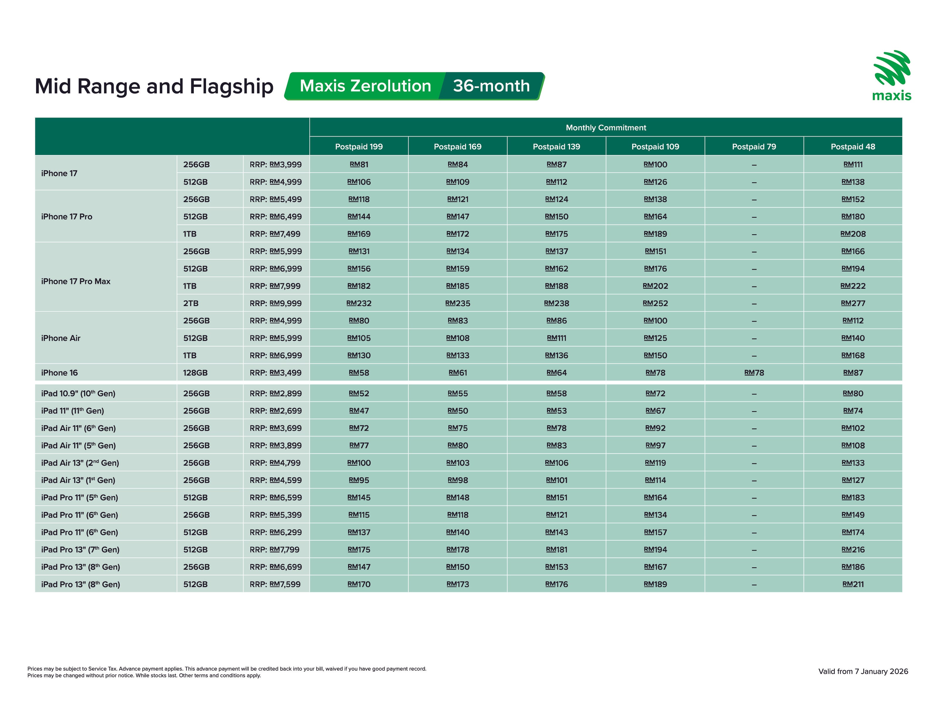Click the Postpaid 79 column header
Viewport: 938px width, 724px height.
pyautogui.click(x=754, y=146)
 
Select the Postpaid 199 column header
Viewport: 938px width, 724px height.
pyautogui.click(x=358, y=146)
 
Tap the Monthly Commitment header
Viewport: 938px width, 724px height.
pyautogui.click(x=606, y=127)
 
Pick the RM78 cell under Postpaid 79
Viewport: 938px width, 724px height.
pyautogui.click(x=754, y=373)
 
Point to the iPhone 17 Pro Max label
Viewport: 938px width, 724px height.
pyautogui.click(x=76, y=281)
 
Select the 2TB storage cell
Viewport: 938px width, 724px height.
pyautogui.click(x=191, y=303)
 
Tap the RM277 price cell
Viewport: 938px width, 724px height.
pyautogui.click(x=852, y=303)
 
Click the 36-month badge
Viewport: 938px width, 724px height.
pyautogui.click(x=491, y=86)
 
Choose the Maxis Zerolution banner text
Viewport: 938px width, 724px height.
pyautogui.click(x=365, y=86)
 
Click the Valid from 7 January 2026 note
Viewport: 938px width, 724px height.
pyautogui.click(x=863, y=671)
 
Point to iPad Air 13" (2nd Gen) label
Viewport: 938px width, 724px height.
pyautogui.click(x=80, y=463)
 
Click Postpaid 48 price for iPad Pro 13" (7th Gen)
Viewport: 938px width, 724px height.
pyautogui.click(x=852, y=549)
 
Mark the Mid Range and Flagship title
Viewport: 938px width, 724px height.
pyautogui.click(x=154, y=86)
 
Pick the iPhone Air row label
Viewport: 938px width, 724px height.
pyautogui.click(x=61, y=338)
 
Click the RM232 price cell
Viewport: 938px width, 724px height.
pyautogui.click(x=358, y=303)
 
